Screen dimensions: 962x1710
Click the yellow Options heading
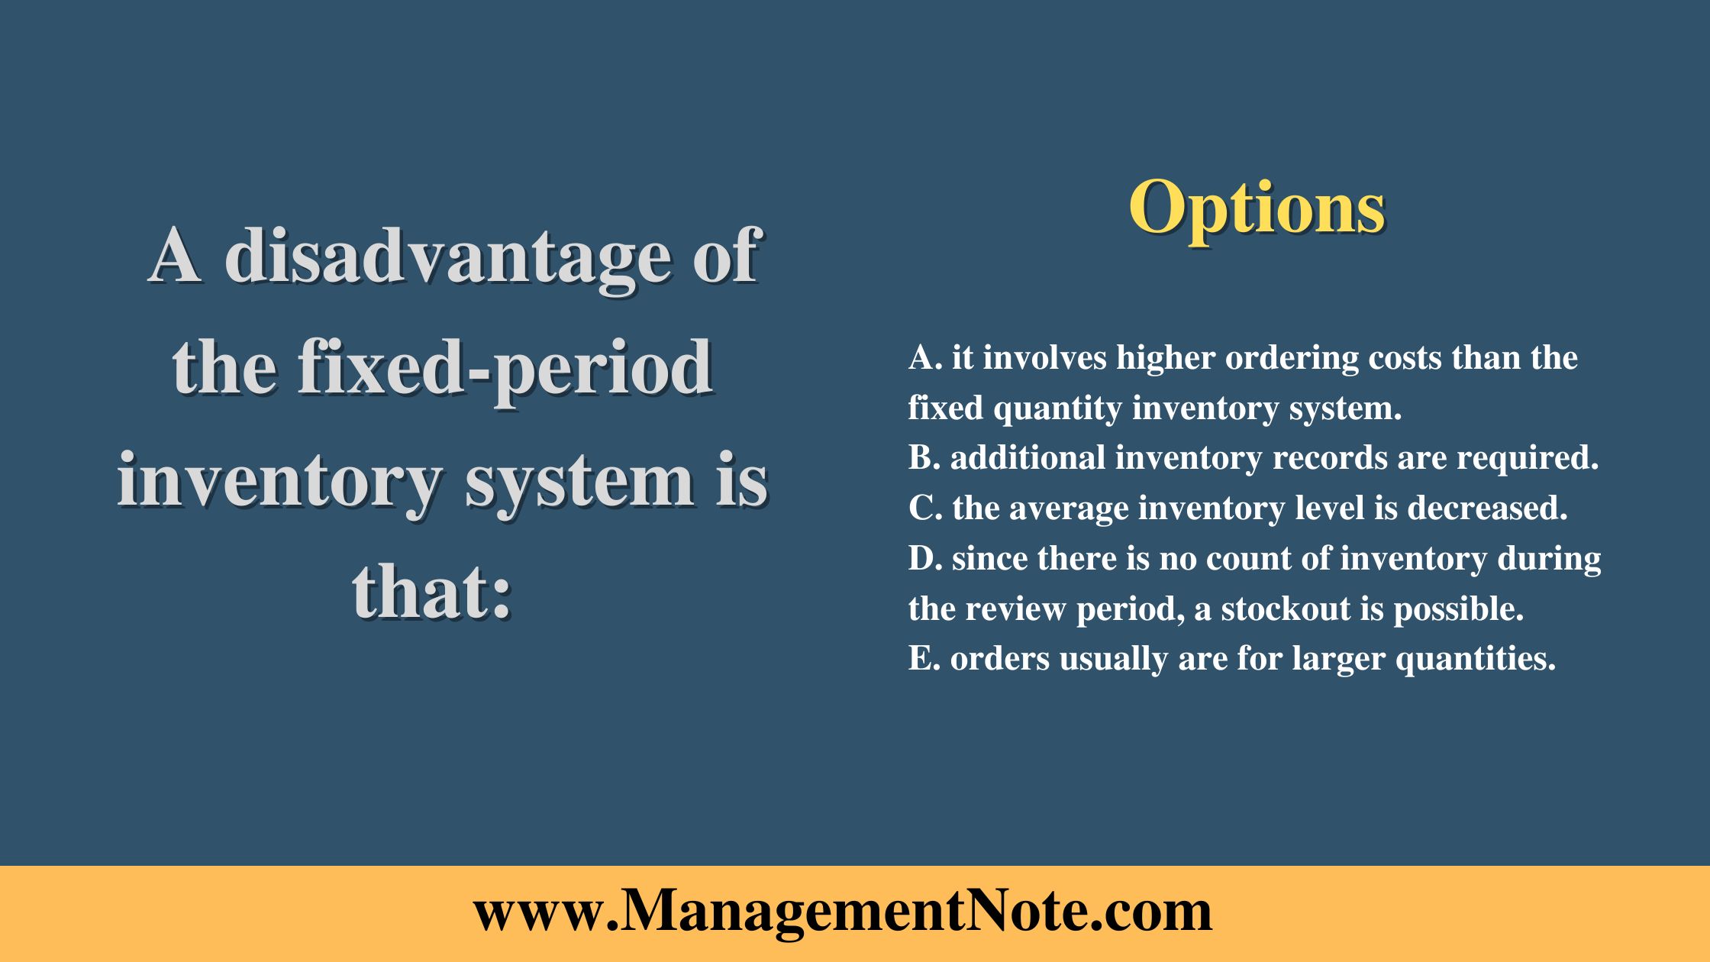(1257, 208)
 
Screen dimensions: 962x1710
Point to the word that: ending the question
(431, 593)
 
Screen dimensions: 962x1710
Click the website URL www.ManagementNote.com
(842, 912)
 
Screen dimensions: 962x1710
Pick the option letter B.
(922, 458)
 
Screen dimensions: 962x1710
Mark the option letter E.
(921, 659)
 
